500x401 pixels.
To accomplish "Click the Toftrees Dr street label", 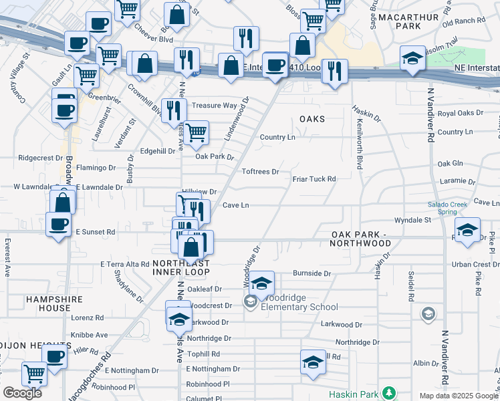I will (x=260, y=172).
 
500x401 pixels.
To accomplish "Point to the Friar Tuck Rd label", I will (x=314, y=179).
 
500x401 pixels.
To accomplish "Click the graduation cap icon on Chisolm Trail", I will (x=412, y=58).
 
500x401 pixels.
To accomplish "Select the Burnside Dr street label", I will (x=312, y=273).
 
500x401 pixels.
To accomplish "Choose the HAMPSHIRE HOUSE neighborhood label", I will (x=48, y=303).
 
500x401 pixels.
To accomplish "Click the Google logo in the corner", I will (x=22, y=393).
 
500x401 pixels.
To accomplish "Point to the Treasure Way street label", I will (x=215, y=106).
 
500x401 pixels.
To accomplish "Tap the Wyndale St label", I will (x=412, y=219).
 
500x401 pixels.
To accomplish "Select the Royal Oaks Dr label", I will (x=460, y=114).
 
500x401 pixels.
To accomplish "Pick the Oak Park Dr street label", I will (x=214, y=157).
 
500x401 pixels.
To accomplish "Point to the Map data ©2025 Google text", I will (x=459, y=396).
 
